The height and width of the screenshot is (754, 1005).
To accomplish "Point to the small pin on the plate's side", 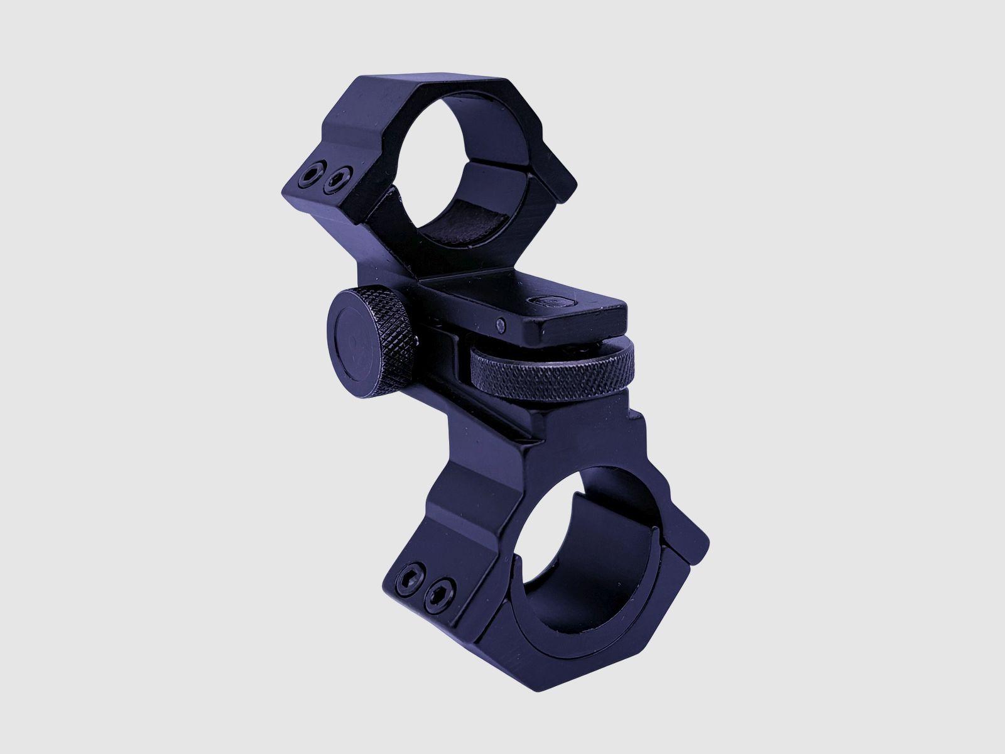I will (x=501, y=324).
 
